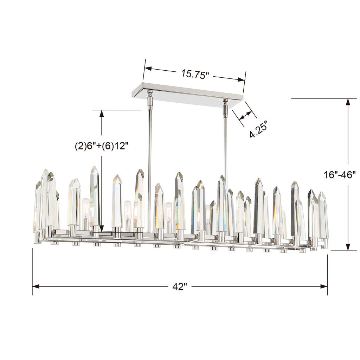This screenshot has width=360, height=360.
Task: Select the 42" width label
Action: point(179,287)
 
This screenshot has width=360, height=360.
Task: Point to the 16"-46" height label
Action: point(340,174)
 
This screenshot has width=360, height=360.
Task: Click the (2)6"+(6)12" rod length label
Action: point(100,146)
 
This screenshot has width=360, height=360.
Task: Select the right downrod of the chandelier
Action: point(226,148)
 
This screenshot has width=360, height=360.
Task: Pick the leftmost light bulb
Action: point(85,209)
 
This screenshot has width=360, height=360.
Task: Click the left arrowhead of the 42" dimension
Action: point(36,287)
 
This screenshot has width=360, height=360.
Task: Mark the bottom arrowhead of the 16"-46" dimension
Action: point(348,247)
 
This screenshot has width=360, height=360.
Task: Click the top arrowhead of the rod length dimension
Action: point(102,113)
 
